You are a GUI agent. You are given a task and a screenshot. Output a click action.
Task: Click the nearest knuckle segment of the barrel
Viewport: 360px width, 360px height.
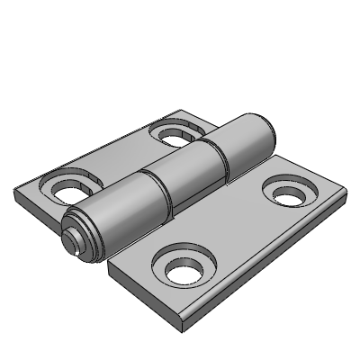click(x=117, y=212)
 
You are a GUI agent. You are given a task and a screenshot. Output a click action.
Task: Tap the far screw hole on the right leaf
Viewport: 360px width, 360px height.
click(x=289, y=194)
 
